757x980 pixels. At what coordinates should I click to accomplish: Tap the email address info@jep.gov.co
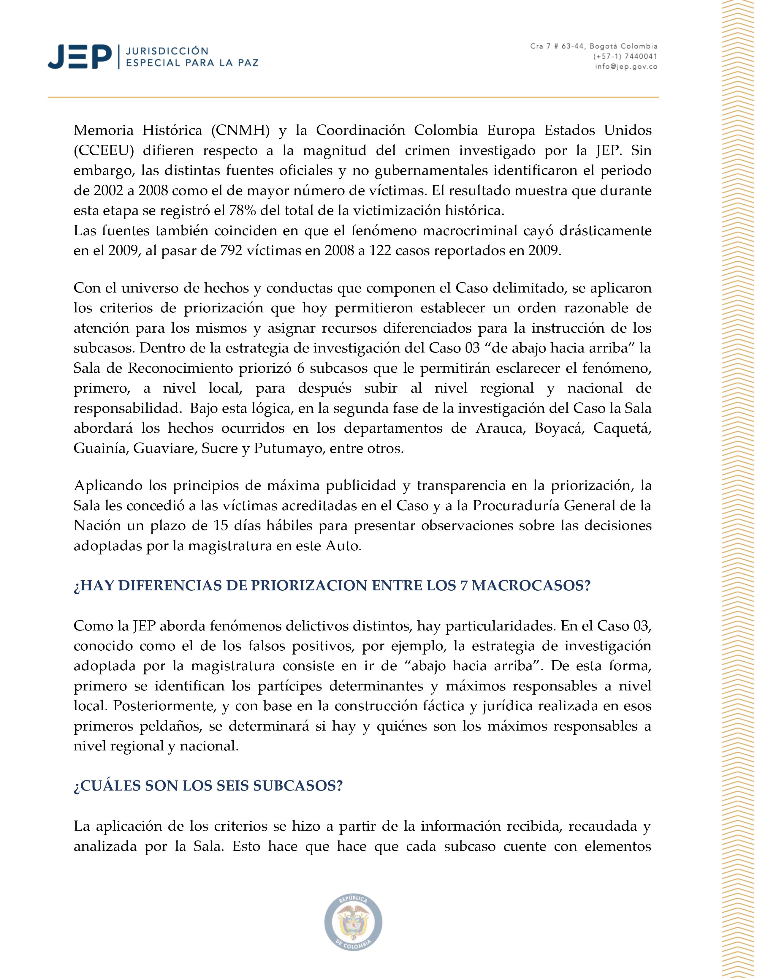[x=626, y=67]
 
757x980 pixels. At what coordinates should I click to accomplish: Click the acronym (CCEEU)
[x=104, y=151]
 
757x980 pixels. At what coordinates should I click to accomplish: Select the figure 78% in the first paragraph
[x=242, y=211]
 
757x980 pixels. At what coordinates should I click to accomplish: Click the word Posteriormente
[x=165, y=706]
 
